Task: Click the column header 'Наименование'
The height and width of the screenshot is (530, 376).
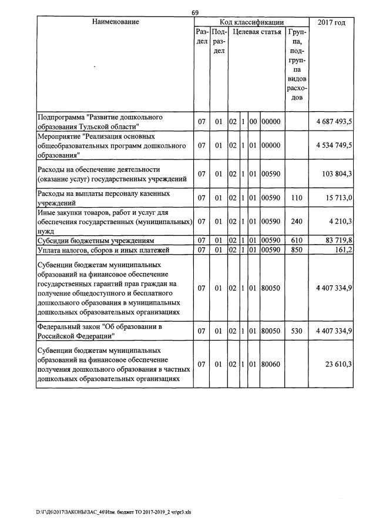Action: coord(115,22)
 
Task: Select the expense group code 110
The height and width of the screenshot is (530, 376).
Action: coord(297,198)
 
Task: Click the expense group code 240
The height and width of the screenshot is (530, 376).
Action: coord(297,222)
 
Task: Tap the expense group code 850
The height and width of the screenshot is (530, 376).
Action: coord(297,250)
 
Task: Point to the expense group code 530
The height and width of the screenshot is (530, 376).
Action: coord(297,331)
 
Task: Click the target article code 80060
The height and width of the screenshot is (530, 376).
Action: coord(272,365)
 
